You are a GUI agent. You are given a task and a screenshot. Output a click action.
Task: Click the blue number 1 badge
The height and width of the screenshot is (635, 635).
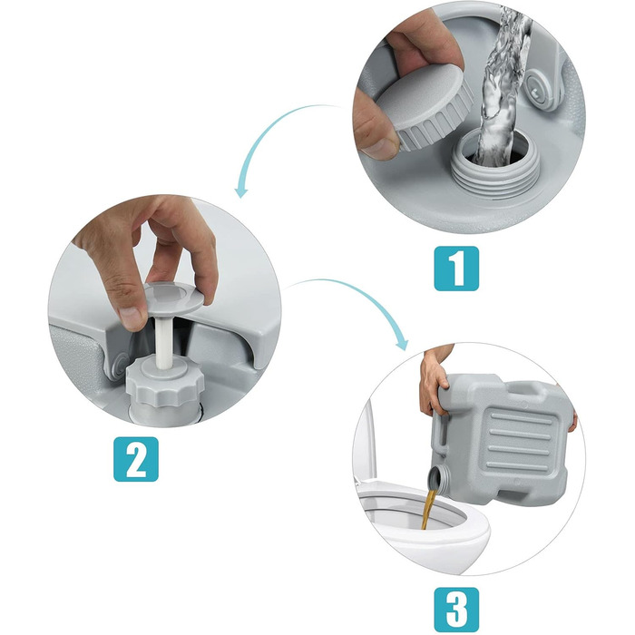click(x=456, y=269)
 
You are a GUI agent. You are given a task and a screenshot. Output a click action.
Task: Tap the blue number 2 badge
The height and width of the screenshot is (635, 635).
click(x=136, y=459)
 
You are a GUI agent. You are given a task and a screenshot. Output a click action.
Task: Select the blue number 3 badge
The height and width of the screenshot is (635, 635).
click(x=456, y=610)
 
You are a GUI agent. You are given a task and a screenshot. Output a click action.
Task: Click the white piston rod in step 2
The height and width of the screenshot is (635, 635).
click(x=165, y=342)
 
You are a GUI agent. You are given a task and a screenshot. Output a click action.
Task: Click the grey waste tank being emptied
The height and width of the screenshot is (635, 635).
click(x=503, y=439)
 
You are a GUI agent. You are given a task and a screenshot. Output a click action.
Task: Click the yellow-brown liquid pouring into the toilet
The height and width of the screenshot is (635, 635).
click(x=428, y=510)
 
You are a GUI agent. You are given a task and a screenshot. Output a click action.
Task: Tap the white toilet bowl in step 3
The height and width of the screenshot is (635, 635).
click(x=421, y=526)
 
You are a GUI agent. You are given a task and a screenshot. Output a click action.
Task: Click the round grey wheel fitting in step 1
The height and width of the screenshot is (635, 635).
click(x=540, y=90)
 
